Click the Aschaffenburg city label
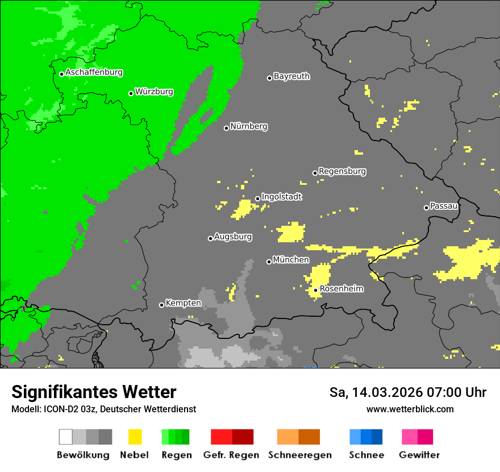94,73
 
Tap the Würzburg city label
154,92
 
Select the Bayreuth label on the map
291,76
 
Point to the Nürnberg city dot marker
226,128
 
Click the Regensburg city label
342,171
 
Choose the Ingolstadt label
281,197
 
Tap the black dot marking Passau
426,208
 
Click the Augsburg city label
233,237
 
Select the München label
291,260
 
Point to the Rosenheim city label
341,289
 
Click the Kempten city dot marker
161,305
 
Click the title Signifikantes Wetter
94,392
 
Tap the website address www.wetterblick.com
410,409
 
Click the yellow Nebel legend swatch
135,437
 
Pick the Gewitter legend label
419,455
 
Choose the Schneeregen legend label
299,455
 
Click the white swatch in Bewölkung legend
65,437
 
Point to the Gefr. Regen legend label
231,455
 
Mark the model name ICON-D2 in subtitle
57,409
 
